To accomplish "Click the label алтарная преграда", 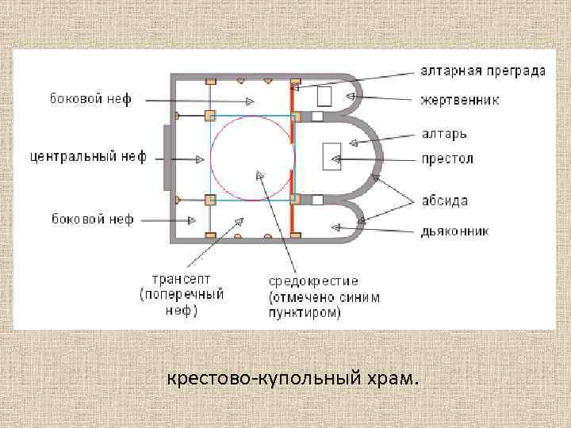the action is pyautogui.click(x=483, y=71).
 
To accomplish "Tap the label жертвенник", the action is pyautogui.click(x=460, y=100).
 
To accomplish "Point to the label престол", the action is pyautogui.click(x=447, y=159).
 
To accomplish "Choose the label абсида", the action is pyautogui.click(x=445, y=201).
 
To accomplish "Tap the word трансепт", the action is pyautogui.click(x=182, y=280).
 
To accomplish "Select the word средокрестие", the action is pyautogui.click(x=313, y=281).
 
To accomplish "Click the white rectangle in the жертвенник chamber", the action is pyautogui.click(x=324, y=96).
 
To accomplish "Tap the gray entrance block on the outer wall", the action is pyautogui.click(x=167, y=157).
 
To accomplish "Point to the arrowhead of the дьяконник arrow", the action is pyautogui.click(x=335, y=227).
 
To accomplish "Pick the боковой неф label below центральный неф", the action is pyautogui.click(x=92, y=218).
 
